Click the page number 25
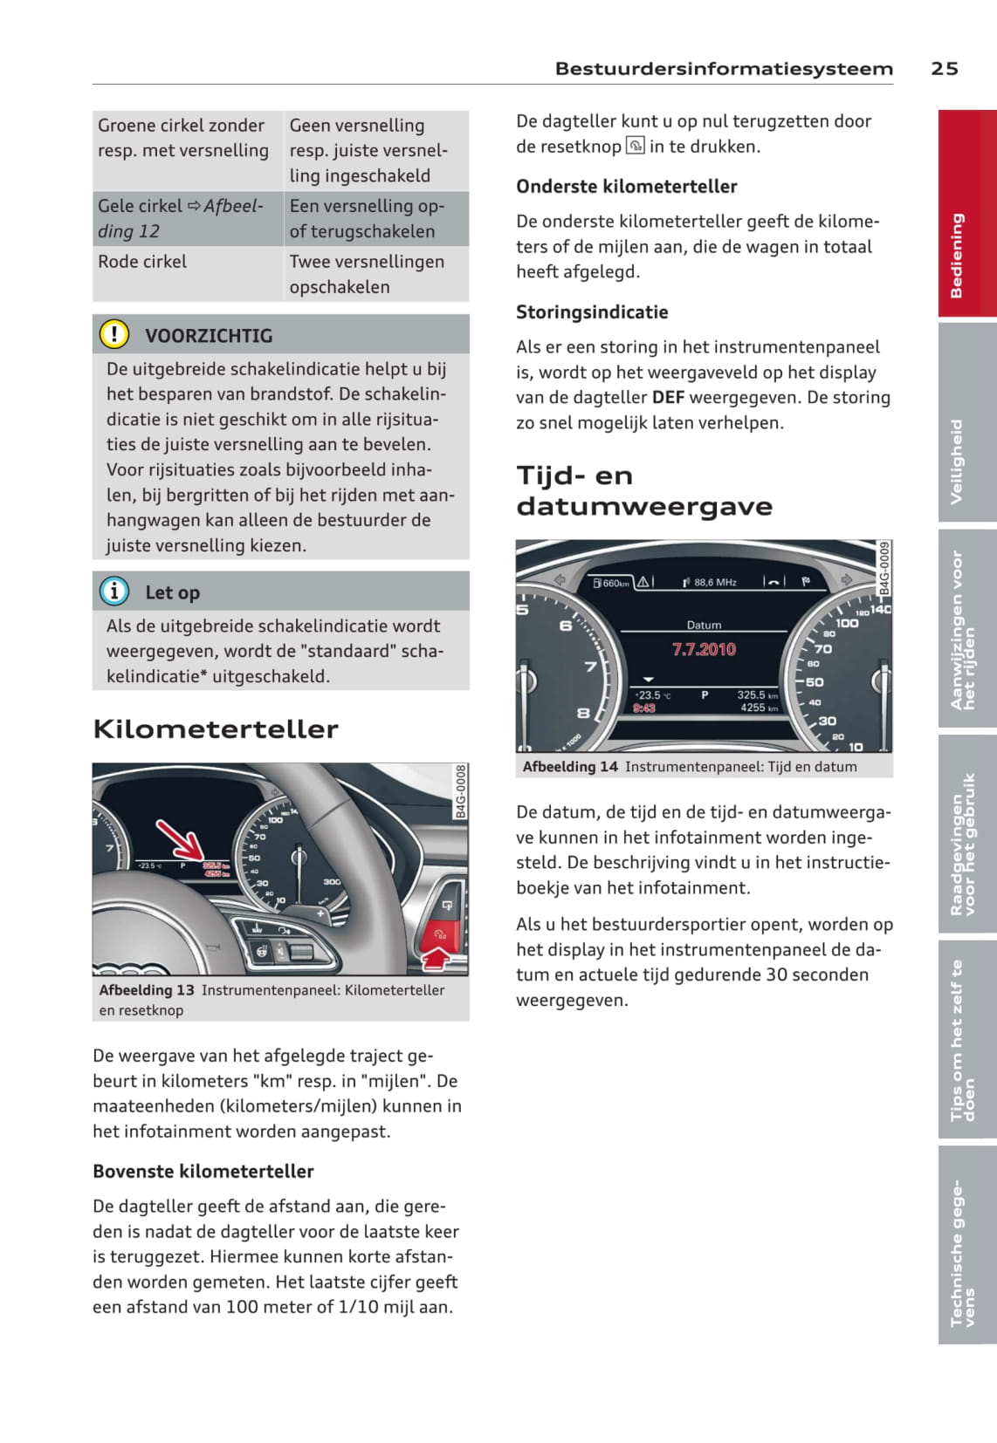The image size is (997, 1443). click(x=944, y=69)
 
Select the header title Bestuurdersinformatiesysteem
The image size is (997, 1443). click(x=724, y=69)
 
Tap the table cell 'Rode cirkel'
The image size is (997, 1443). click(x=142, y=262)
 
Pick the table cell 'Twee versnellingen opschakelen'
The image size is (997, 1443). click(x=367, y=274)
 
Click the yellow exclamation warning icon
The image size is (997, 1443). click(x=114, y=334)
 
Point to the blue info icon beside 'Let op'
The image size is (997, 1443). click(x=114, y=592)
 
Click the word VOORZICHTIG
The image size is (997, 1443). click(x=209, y=336)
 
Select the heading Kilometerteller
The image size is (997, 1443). click(x=215, y=729)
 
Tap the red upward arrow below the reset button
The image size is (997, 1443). click(x=437, y=960)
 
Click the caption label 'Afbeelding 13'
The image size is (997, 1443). click(x=147, y=990)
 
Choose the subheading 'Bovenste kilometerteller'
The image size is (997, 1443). click(x=203, y=1172)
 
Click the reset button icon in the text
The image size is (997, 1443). click(x=636, y=147)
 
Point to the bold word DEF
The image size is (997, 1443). click(x=668, y=398)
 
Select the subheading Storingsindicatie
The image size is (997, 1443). click(x=592, y=312)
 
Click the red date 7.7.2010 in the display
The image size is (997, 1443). click(x=704, y=650)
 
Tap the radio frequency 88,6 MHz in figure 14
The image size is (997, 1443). click(x=714, y=582)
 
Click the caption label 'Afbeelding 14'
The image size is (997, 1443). click(x=570, y=767)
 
